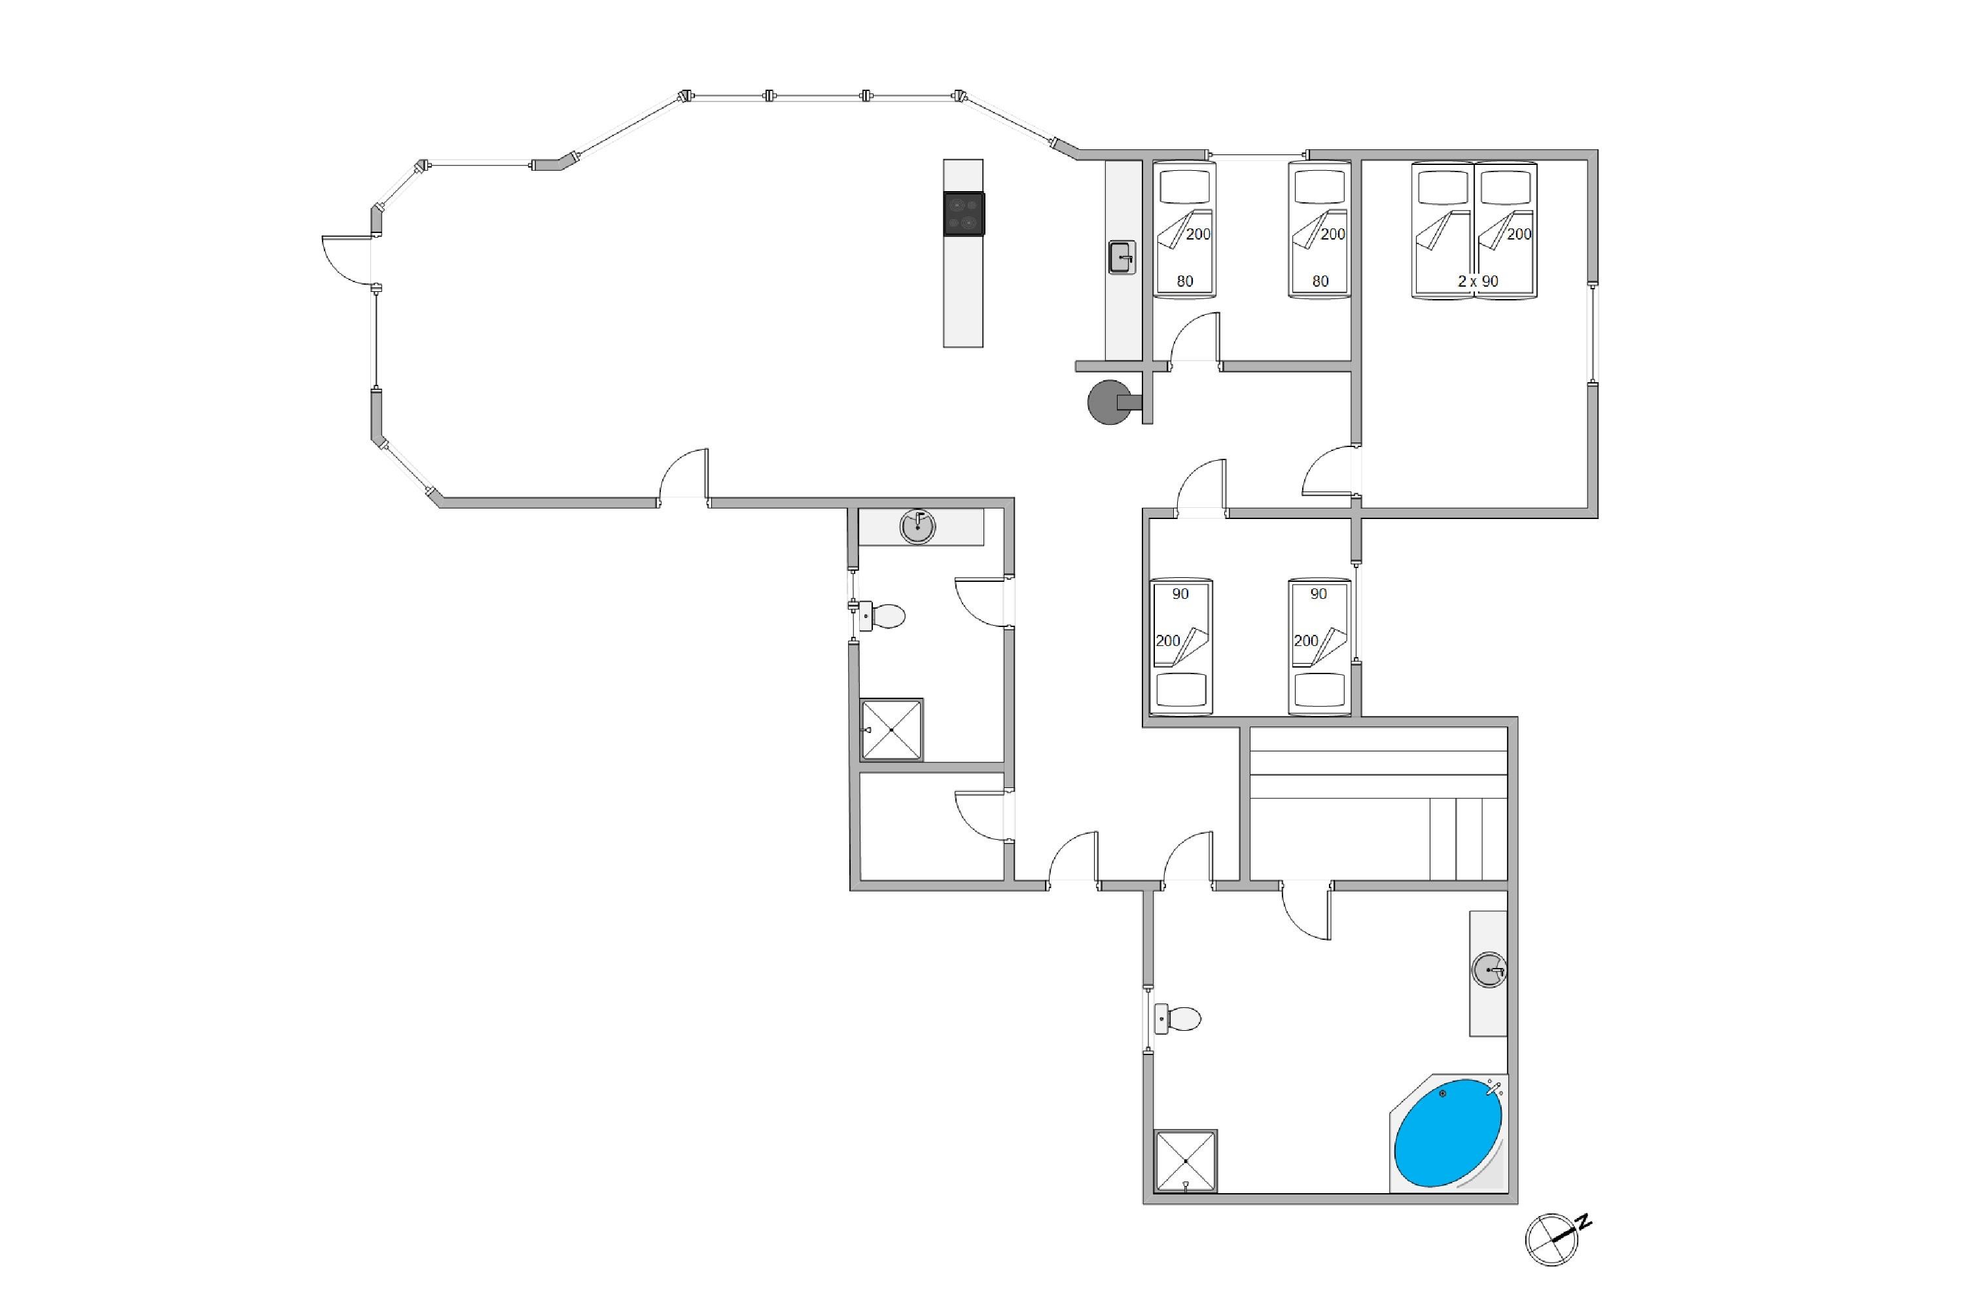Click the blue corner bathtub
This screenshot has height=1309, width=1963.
tap(1448, 1132)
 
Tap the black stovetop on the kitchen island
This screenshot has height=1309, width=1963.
tap(964, 214)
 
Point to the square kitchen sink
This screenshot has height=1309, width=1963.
tap(1122, 257)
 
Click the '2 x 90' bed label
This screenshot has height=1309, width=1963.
tap(1478, 281)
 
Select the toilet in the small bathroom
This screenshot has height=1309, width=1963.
tap(881, 616)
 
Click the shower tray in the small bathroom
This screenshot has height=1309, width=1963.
tap(891, 730)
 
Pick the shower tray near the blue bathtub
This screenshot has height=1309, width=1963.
tap(1185, 1161)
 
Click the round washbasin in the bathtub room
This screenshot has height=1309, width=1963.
tap(1489, 971)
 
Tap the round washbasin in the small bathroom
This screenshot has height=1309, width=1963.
tap(917, 527)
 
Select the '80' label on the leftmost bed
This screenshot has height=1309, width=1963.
tap(1185, 281)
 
